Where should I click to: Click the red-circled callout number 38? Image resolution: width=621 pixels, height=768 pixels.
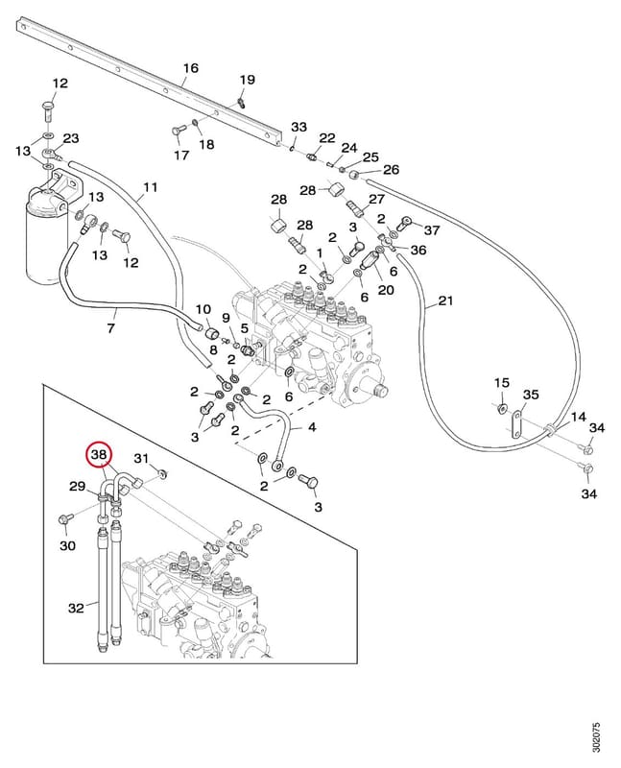pyautogui.click(x=99, y=454)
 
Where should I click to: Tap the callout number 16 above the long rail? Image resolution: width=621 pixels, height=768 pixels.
pyautogui.click(x=190, y=67)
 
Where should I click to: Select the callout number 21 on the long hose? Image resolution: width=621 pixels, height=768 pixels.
pyautogui.click(x=445, y=300)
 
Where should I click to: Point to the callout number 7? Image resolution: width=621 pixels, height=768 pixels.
pyautogui.click(x=111, y=327)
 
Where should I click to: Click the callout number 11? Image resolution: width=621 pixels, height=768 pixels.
pyautogui.click(x=151, y=187)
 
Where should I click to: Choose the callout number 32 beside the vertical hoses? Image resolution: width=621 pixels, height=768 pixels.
pyautogui.click(x=77, y=608)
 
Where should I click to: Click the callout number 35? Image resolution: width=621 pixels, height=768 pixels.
pyautogui.click(x=531, y=395)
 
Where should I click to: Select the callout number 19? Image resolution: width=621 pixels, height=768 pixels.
pyautogui.click(x=248, y=80)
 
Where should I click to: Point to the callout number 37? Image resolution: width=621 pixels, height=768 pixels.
pyautogui.click(x=432, y=229)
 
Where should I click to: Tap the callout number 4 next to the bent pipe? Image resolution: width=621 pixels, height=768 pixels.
pyautogui.click(x=313, y=427)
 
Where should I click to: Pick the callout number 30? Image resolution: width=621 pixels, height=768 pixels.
pyautogui.click(x=67, y=544)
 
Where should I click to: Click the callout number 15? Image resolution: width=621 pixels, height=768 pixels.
pyautogui.click(x=502, y=382)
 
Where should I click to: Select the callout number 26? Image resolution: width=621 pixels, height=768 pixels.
pyautogui.click(x=391, y=170)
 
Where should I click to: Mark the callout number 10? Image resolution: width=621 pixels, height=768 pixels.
pyautogui.click(x=203, y=309)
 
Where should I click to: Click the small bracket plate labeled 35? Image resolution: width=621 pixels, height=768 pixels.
pyautogui.click(x=514, y=425)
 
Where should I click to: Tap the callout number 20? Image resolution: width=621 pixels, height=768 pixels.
pyautogui.click(x=386, y=290)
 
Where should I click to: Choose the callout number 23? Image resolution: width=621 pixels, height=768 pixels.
pyautogui.click(x=70, y=138)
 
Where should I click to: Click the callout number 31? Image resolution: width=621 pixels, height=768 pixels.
pyautogui.click(x=141, y=459)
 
